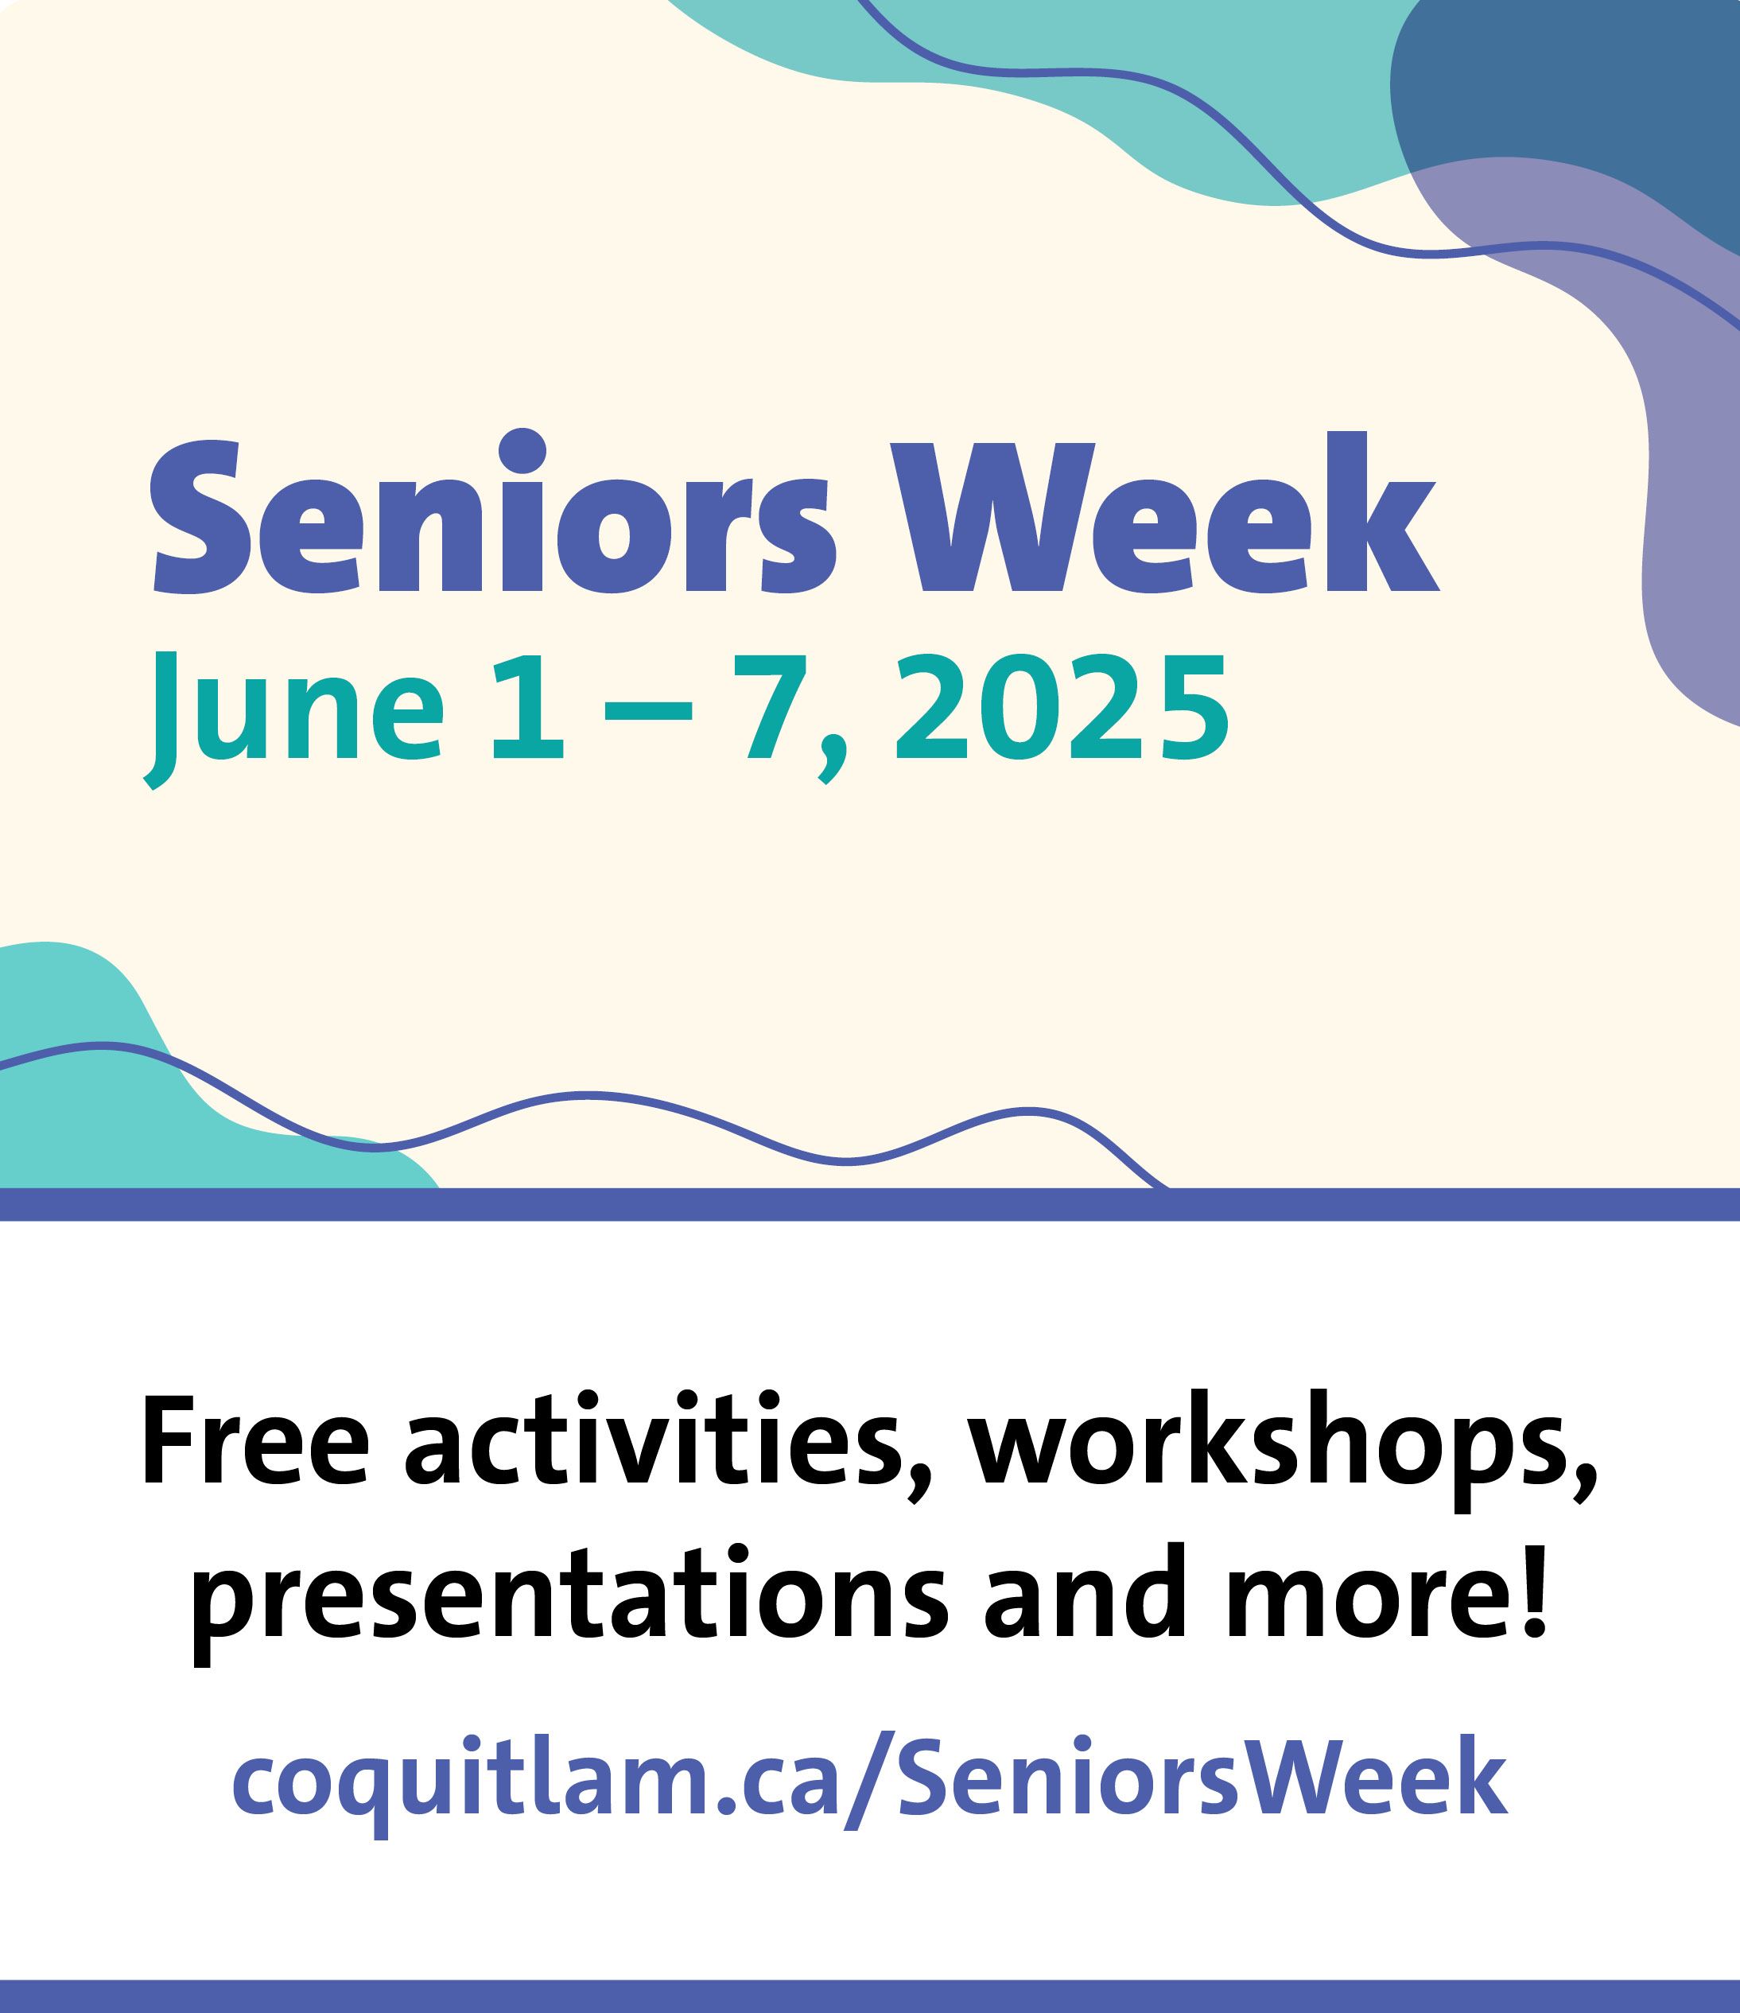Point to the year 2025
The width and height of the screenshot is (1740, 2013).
tap(1061, 706)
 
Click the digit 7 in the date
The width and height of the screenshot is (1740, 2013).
tap(775, 707)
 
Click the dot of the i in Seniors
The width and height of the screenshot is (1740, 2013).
tap(514, 453)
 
